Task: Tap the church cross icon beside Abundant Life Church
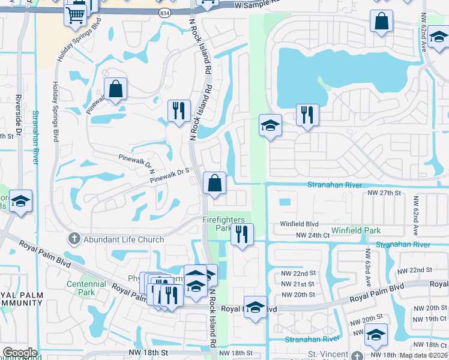click(74, 239)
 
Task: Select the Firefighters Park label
click(217, 224)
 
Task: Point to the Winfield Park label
click(356, 230)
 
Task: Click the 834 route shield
click(164, 13)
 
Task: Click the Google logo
click(20, 353)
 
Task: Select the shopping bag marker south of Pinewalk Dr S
click(215, 182)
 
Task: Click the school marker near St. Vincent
click(376, 334)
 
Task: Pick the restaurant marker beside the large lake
click(307, 114)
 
